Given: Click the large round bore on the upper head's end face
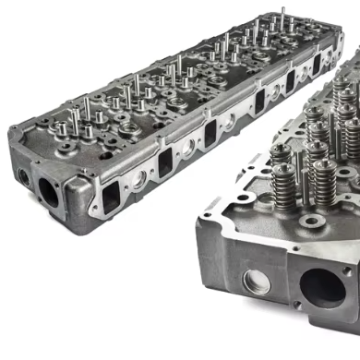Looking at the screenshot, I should tap(47, 191).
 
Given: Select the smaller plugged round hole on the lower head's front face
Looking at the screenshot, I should tap(257, 282).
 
